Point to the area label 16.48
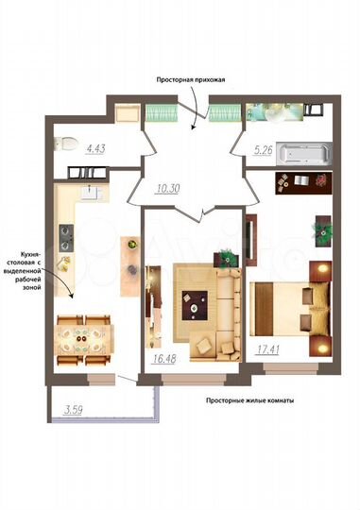pyautogui.click(x=164, y=359)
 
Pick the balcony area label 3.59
pyautogui.click(x=74, y=410)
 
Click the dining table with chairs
pyautogui.click(x=82, y=334)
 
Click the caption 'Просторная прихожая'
pyautogui.click(x=192, y=81)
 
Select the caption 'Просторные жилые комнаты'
pyautogui.click(x=250, y=400)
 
